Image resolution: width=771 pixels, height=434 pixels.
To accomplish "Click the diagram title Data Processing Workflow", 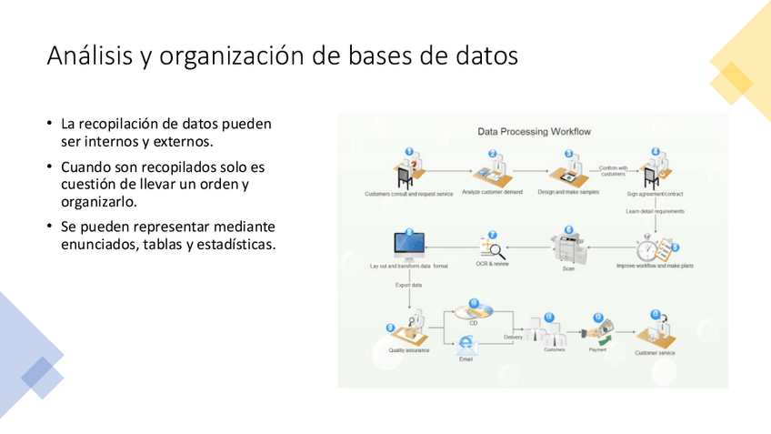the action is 535,131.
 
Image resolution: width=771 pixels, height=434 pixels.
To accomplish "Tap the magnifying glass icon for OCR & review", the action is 494,248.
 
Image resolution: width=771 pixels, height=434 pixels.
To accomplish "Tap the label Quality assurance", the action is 409,349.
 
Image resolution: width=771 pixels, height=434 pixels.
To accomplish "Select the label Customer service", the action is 655,352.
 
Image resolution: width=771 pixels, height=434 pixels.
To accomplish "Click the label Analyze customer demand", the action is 492,193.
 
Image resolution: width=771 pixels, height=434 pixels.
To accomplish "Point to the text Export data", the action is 408,285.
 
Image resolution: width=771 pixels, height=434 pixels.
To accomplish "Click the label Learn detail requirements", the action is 655,211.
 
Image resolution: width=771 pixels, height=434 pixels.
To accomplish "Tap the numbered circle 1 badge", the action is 409,152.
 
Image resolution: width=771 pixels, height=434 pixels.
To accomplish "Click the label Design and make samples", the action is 569,193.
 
